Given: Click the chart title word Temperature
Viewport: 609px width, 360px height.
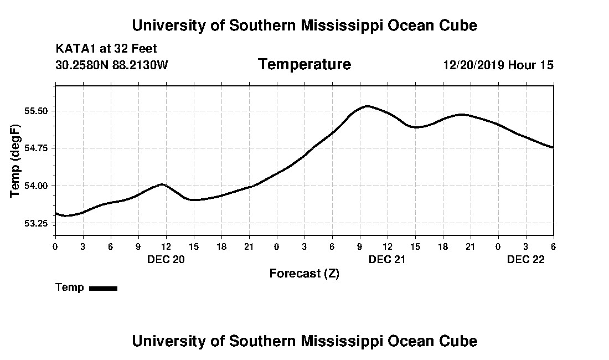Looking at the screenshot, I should pos(304,65).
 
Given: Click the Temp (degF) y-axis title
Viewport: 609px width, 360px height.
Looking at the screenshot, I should pos(16,160).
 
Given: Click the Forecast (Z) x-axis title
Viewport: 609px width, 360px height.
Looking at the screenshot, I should pos(304,273).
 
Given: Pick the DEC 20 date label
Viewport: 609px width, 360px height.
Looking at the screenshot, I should pos(166,259).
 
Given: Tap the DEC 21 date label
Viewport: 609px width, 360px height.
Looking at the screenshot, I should pos(388,259).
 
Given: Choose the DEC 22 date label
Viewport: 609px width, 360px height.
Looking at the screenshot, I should pos(526,259).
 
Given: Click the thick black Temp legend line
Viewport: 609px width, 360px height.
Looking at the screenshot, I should pos(104,288).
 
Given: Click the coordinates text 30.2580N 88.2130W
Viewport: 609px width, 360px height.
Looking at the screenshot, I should pos(112,65).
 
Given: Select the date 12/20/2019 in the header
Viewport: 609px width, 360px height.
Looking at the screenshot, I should pos(474,65).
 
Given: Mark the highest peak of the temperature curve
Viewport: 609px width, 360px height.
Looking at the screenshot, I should pos(367,106).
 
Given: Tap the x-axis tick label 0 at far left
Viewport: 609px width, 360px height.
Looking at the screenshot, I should pos(55,246).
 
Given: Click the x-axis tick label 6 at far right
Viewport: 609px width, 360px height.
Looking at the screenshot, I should pos(553,246).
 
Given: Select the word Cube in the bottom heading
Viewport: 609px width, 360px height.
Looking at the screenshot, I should pos(461,341).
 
